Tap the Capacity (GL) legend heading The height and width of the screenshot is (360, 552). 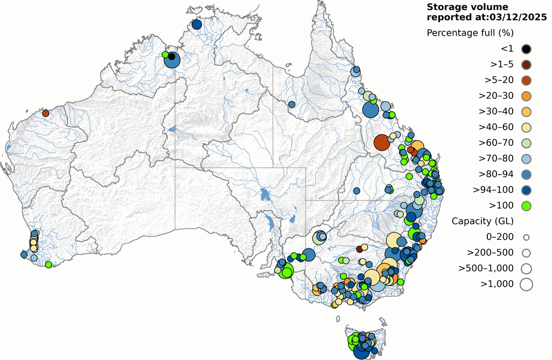(482, 221)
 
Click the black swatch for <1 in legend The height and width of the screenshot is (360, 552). (526, 49)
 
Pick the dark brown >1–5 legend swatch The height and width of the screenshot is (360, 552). (526, 65)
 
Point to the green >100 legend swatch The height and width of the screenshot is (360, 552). (526, 205)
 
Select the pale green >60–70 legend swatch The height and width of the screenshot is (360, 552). (526, 143)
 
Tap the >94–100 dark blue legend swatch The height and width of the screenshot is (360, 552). (526, 190)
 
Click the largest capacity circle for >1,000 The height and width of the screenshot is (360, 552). (526, 283)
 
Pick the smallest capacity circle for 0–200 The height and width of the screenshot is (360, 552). (526, 237)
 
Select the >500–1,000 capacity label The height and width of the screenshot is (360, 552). (486, 268)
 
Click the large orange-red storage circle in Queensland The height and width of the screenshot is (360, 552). (382, 142)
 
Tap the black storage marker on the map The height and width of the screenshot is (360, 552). (171, 56)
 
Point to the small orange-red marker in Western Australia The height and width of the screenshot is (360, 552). (46, 113)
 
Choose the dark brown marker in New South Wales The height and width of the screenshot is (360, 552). (360, 249)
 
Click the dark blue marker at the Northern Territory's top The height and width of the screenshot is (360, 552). (196, 24)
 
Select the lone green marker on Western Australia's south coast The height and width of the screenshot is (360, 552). (49, 265)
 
